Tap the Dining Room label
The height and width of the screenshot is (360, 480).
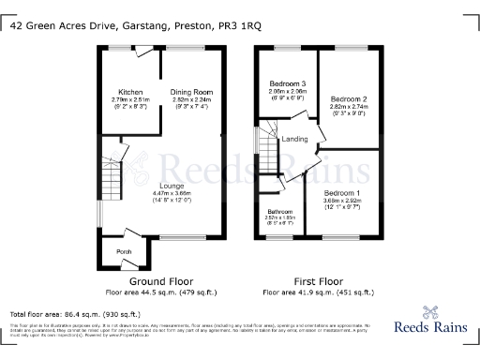click(190, 92)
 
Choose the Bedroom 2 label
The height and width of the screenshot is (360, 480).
click(352, 98)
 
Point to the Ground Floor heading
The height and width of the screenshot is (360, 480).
click(161, 281)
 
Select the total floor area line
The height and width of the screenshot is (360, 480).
click(58, 313)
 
